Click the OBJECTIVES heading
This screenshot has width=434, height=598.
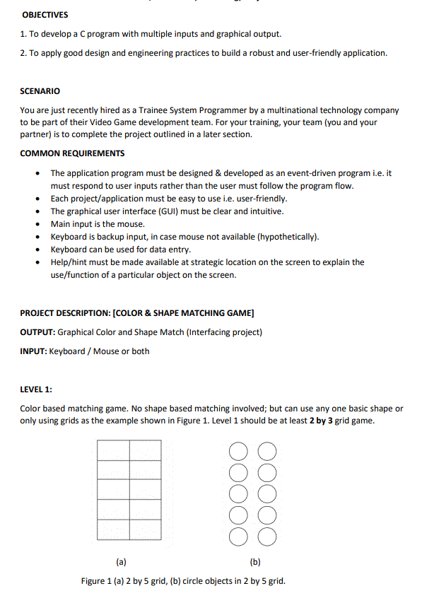click(x=45, y=15)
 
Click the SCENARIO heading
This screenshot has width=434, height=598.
click(x=40, y=91)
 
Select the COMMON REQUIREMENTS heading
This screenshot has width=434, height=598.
click(x=72, y=153)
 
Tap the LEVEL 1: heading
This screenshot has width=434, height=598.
click(x=36, y=389)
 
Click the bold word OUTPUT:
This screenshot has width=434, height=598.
click(x=37, y=332)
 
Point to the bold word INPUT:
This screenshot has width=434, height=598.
click(x=33, y=351)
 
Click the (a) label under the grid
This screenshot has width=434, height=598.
click(x=121, y=563)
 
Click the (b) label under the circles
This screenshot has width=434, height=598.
click(x=255, y=563)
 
